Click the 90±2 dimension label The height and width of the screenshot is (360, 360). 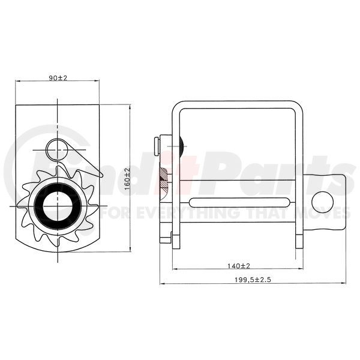click(x=58, y=78)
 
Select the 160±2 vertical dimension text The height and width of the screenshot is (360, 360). click(x=127, y=179)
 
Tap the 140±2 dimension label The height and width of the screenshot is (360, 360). click(x=239, y=266)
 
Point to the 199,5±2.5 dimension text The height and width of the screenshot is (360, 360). click(x=253, y=280)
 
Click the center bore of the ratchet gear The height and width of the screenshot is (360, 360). click(x=58, y=206)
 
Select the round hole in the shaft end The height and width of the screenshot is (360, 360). click(x=322, y=202)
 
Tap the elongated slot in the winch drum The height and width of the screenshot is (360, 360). click(x=239, y=203)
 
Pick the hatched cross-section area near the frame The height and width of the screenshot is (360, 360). click(x=163, y=181)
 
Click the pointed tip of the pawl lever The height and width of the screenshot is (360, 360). click(x=103, y=176)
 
